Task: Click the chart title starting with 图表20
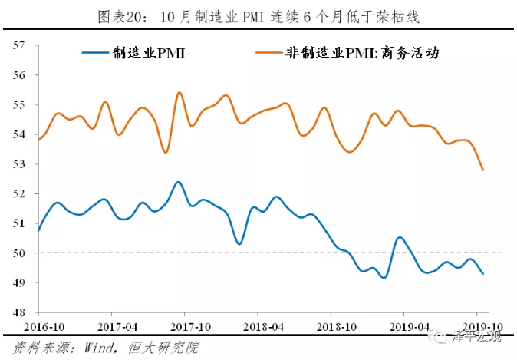(x=258, y=16)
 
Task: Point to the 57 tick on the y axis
(x=20, y=45)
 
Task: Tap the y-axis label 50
(x=20, y=253)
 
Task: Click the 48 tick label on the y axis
(x=20, y=312)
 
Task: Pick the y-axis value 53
(x=20, y=164)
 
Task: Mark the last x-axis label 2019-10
(x=477, y=326)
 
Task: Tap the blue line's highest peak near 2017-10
(x=178, y=182)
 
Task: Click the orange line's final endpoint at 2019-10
(x=482, y=170)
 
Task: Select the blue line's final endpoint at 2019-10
(x=482, y=274)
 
